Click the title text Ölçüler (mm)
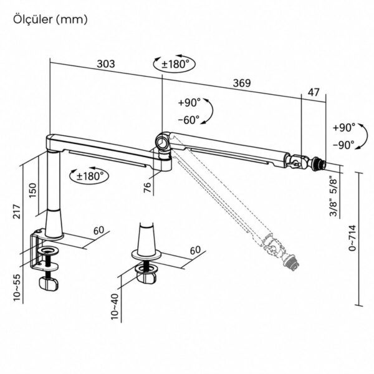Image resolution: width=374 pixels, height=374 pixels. [x=50, y=19]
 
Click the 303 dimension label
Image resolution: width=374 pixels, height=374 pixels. [x=106, y=64]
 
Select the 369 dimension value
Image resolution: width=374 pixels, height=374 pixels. [x=242, y=83]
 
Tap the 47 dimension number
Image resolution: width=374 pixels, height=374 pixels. [x=313, y=92]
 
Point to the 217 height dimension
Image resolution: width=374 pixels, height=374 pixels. [x=17, y=211]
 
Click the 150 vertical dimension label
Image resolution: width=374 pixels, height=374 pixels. [x=32, y=190]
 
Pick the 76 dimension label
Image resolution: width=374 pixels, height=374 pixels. [x=148, y=188]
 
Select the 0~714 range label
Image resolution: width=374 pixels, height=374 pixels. [x=352, y=237]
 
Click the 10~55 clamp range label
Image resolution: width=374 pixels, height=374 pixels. [x=17, y=287]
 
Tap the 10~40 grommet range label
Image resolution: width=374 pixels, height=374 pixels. [x=115, y=307]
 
